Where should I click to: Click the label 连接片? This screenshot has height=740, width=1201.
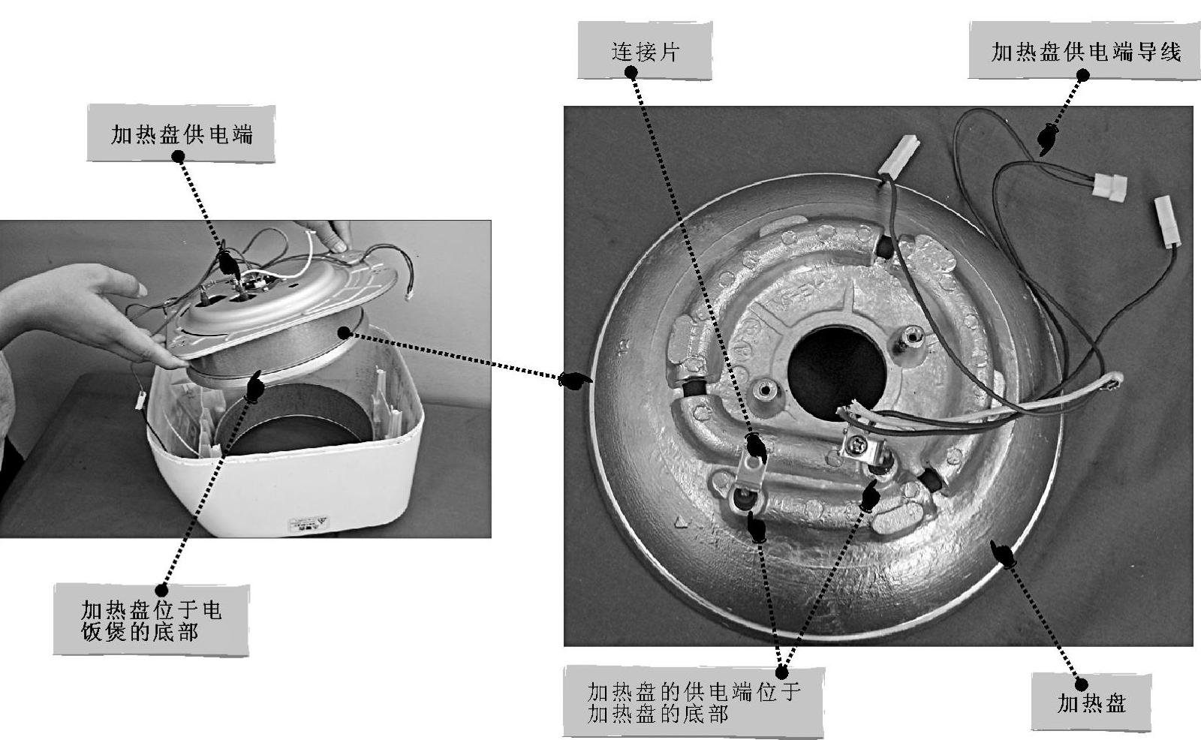click(644, 51)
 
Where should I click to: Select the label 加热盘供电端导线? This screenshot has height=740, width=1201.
click(1085, 51)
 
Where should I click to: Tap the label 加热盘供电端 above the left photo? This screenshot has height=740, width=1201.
click(181, 134)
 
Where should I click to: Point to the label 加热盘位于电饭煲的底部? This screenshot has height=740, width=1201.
click(151, 620)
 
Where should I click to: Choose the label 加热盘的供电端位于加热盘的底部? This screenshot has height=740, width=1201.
click(693, 702)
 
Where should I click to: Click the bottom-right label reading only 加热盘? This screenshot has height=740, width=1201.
click(1091, 703)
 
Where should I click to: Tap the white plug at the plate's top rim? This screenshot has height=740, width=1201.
click(899, 157)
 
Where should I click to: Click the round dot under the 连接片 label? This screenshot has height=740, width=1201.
click(631, 73)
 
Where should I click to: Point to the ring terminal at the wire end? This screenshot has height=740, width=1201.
click(1114, 384)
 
